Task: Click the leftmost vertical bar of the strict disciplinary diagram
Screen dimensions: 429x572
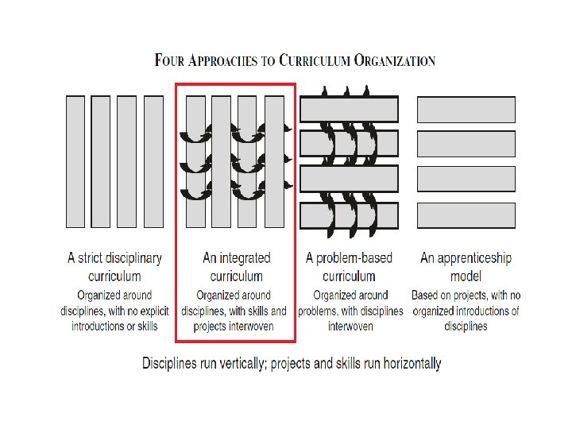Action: click(x=75, y=161)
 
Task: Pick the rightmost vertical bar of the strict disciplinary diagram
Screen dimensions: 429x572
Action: click(x=152, y=161)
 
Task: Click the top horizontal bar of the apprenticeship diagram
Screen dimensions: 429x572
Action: click(x=466, y=109)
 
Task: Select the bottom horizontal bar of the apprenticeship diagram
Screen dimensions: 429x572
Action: click(x=466, y=215)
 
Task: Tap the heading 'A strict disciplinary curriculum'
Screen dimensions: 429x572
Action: click(x=114, y=267)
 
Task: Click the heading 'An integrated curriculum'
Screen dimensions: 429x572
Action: click(x=236, y=267)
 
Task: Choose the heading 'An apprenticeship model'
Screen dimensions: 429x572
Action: click(x=466, y=267)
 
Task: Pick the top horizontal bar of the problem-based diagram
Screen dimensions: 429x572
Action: click(x=349, y=109)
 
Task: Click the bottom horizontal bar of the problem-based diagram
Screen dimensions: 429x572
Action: click(x=349, y=215)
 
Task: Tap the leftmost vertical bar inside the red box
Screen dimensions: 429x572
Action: click(x=195, y=161)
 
